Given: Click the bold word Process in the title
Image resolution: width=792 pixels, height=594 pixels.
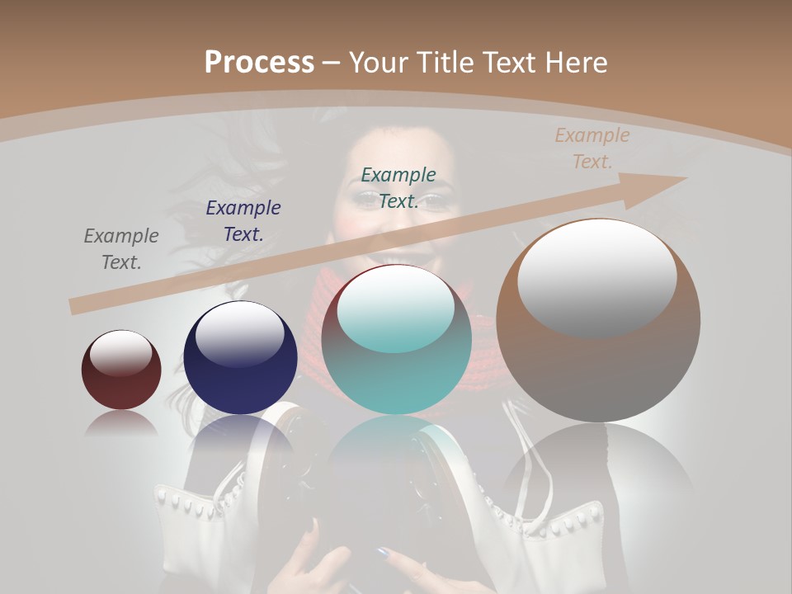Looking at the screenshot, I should (x=259, y=63).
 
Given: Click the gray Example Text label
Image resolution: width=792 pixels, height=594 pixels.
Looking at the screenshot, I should (x=121, y=249).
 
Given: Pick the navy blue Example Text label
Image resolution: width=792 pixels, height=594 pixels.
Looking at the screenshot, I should (x=243, y=221).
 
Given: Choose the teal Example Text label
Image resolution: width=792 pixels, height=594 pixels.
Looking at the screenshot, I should (x=398, y=187).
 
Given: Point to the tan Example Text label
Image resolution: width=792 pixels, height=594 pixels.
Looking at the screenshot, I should (x=592, y=148).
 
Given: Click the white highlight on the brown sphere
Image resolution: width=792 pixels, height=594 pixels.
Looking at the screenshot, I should (x=596, y=276).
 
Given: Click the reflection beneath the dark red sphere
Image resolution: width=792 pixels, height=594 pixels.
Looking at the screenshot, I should (x=121, y=424).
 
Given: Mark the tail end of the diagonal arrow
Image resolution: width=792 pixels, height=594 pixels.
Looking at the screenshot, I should (x=76, y=307).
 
